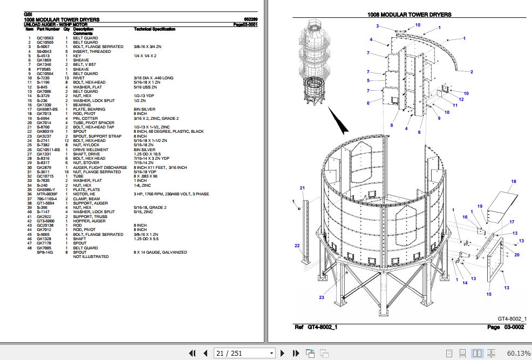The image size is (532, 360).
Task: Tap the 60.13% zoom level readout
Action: coord(519,353)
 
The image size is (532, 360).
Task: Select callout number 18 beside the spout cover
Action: coord(514,181)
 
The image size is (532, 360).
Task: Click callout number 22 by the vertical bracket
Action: coord(297,246)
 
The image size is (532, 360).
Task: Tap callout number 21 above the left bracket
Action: coord(302,188)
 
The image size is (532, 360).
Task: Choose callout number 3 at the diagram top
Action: coord(378,26)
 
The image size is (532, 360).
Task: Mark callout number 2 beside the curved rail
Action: coord(471,72)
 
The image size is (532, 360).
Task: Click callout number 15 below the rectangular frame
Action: coord(489,294)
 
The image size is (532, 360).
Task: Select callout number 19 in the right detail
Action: coord(479,206)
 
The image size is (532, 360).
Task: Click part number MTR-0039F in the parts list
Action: coord(47,194)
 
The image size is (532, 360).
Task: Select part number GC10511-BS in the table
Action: coord(49,150)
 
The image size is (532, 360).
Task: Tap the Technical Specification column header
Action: coord(154,29)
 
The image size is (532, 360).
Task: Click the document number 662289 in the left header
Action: coord(250,19)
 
